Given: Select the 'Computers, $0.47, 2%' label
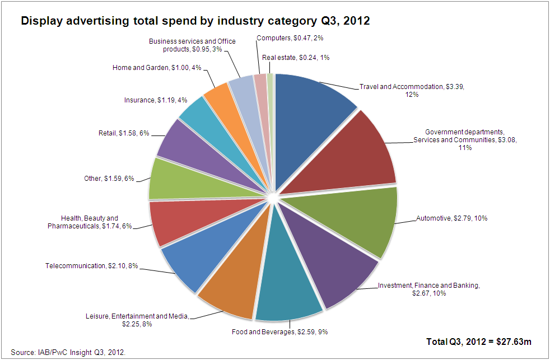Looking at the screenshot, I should point(290,38).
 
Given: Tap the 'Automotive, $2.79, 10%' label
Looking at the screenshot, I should point(451,218).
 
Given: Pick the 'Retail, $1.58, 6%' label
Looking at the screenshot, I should point(123,134).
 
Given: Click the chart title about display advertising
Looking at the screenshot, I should point(195,21).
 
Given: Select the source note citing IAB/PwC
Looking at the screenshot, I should point(68,352).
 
